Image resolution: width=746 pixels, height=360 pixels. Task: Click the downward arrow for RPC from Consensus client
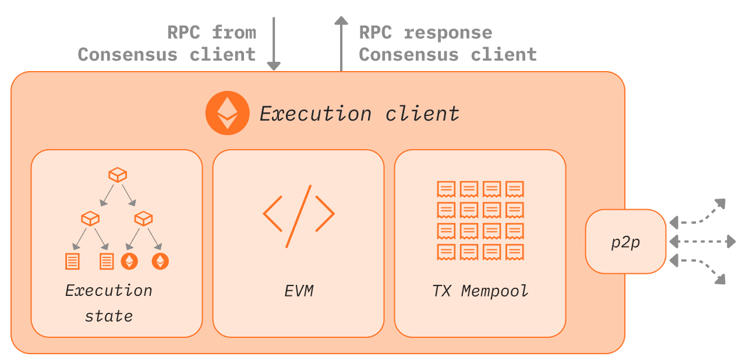(274, 43)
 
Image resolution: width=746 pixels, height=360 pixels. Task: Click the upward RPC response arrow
(341, 43)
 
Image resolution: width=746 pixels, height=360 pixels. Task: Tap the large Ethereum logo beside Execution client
(228, 113)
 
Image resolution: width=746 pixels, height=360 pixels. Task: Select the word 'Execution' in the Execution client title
(316, 114)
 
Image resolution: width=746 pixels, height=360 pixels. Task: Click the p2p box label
(626, 242)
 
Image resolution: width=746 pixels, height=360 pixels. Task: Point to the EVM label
(299, 291)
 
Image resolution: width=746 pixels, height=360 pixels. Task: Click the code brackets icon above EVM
(299, 216)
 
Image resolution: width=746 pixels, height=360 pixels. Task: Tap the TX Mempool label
(480, 291)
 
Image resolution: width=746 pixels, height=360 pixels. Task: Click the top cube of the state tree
(118, 175)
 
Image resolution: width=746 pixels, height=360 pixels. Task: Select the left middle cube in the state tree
(90, 218)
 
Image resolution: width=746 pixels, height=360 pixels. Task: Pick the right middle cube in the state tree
(143, 218)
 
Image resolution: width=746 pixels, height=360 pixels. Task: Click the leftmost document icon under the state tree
(72, 262)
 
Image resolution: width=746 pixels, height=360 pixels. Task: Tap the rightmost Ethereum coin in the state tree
(160, 261)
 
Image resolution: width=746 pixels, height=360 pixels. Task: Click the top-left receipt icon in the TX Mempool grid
(446, 189)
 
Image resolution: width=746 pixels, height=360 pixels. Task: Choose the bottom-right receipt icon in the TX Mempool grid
(515, 252)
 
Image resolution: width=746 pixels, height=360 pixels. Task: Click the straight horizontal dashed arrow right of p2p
(702, 241)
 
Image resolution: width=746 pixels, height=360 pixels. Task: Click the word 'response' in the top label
(448, 33)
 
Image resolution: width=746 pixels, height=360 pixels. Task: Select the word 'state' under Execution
(109, 316)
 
